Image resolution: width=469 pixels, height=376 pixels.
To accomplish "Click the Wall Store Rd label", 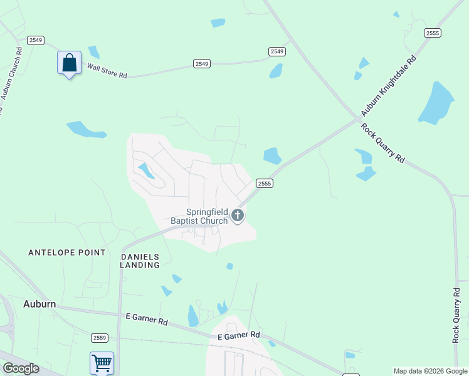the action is (x=107, y=70).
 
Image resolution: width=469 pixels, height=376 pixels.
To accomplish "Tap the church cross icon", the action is (x=238, y=216).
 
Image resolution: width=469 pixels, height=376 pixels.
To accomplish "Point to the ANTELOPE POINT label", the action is (x=67, y=253).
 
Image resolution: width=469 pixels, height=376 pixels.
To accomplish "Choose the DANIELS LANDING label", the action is (x=140, y=261).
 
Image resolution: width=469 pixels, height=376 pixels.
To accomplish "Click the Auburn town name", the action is (x=40, y=304).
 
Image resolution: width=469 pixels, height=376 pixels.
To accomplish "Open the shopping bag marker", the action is (x=69, y=63).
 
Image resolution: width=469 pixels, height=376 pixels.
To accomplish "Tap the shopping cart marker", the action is (x=102, y=362).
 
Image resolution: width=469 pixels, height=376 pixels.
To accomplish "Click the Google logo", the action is (x=20, y=368).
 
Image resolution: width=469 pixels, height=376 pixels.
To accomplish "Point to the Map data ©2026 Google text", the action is (x=430, y=372).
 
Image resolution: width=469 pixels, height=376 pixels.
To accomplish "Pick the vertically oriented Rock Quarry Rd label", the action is (x=456, y=315).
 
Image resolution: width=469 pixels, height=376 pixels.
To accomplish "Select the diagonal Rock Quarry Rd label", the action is (x=382, y=143).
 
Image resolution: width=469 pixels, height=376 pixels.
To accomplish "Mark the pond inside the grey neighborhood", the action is (x=147, y=170).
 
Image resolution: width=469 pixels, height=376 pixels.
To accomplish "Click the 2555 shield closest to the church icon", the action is (x=264, y=183).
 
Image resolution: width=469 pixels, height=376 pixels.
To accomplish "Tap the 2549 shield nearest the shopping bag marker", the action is (x=35, y=40).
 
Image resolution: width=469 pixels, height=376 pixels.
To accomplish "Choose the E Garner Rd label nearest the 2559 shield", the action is (x=147, y=321).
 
